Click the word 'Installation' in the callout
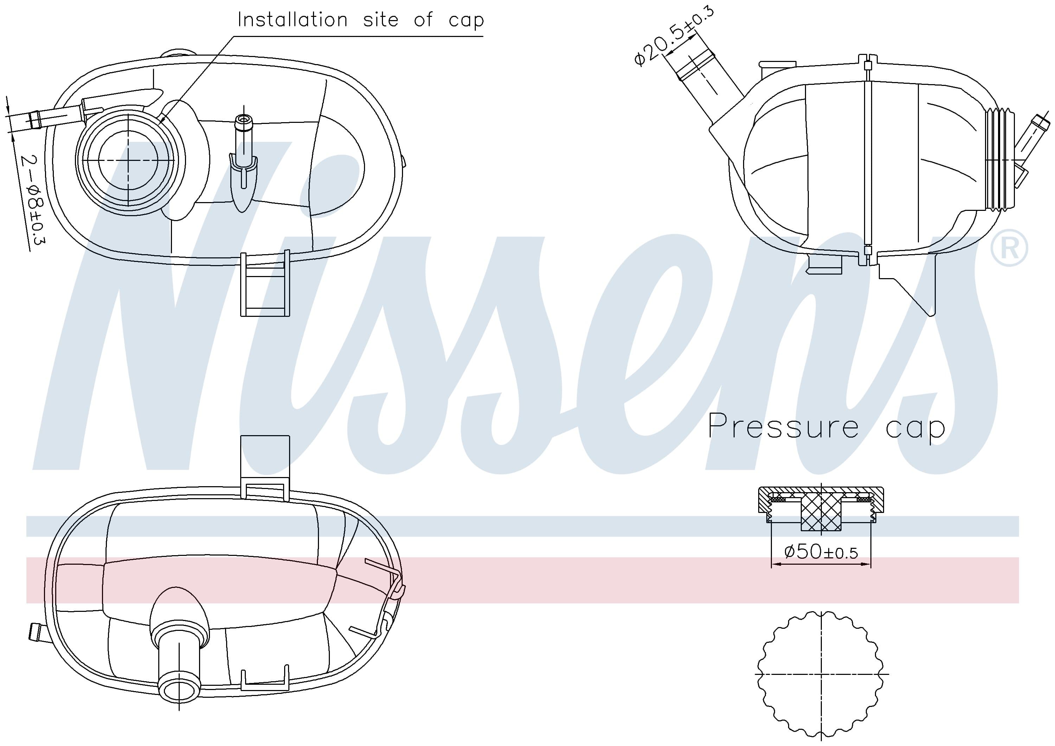pyautogui.click(x=292, y=20)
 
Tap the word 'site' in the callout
pyautogui.click(x=381, y=20)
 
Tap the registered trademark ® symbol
pyautogui.click(x=1009, y=248)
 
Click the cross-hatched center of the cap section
pyautogui.click(x=821, y=514)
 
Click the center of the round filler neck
pyautogui.click(x=128, y=159)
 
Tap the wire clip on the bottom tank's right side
pyautogui.click(x=386, y=598)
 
